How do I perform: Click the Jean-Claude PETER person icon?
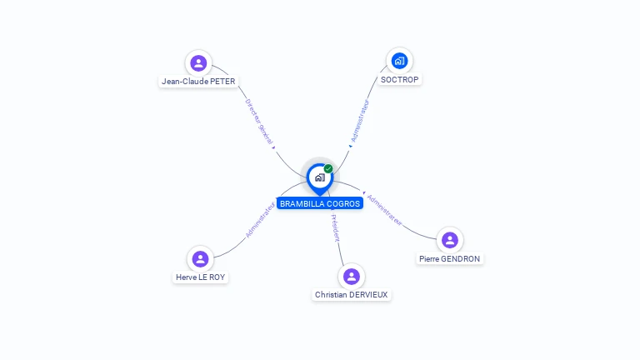(198, 62)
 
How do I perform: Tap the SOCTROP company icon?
(400, 60)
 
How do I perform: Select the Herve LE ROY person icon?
(200, 258)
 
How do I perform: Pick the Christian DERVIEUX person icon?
(352, 276)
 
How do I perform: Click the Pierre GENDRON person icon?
(450, 240)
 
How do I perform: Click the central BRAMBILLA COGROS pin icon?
(319, 177)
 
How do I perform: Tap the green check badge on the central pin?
(328, 168)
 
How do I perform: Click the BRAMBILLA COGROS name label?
(320, 203)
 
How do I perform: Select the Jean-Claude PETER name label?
(198, 82)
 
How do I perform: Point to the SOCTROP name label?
(400, 80)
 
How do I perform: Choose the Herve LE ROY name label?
(200, 277)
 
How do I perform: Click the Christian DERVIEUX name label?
(352, 295)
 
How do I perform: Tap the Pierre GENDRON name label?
(450, 259)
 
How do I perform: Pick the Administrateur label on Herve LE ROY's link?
(260, 220)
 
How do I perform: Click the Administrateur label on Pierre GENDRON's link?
(384, 211)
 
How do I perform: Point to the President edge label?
(335, 228)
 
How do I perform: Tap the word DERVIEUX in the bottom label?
(369, 295)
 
